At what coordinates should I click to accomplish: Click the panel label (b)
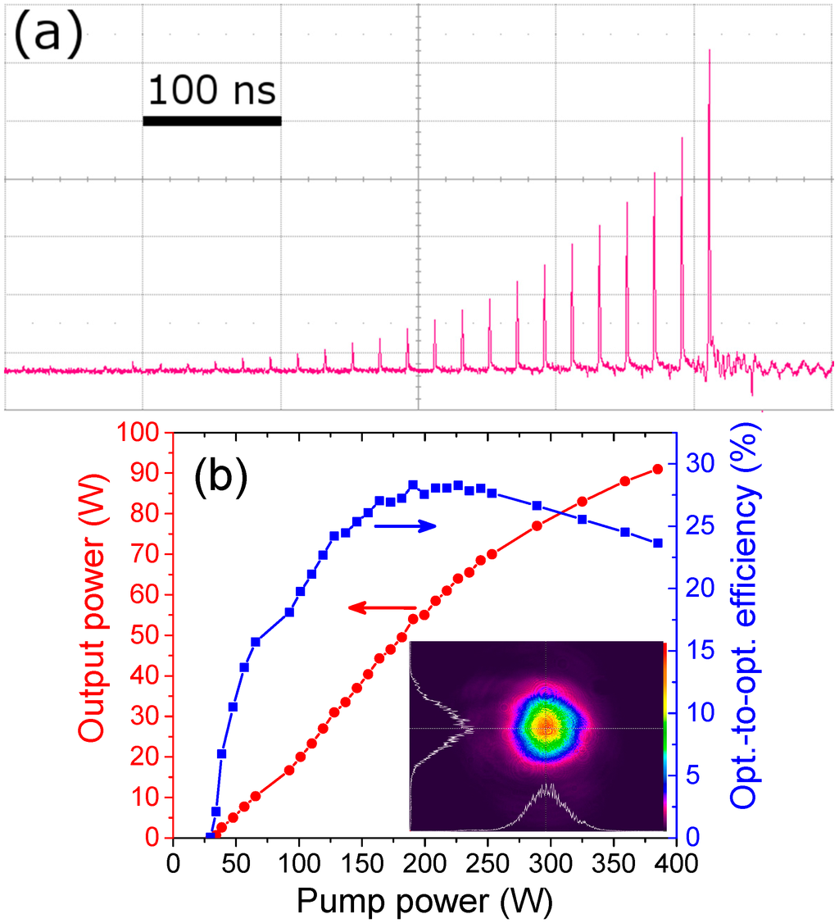220,479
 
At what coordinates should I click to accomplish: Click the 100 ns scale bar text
211,90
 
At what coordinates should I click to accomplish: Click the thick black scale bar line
212,121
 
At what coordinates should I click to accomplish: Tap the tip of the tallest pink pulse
710,51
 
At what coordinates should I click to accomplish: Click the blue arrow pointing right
406,526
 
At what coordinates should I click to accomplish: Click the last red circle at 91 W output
657,469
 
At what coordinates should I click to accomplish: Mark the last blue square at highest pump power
657,543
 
